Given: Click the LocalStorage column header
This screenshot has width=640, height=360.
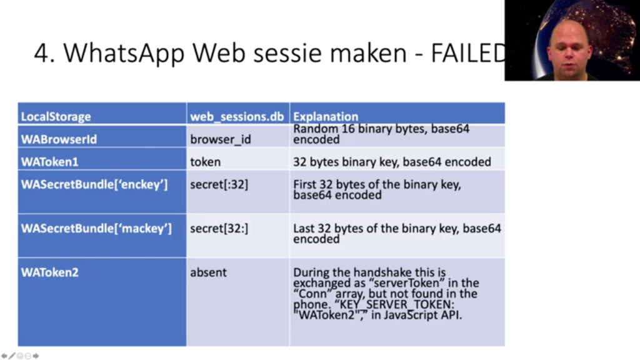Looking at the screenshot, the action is tap(56, 117).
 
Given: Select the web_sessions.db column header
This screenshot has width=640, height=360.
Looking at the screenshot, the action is tap(237, 117).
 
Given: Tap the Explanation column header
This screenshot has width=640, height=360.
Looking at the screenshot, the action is tap(325, 117).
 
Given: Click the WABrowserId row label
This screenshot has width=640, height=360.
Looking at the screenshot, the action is tap(59, 139).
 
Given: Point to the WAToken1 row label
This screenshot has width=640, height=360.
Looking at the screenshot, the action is tap(49, 162).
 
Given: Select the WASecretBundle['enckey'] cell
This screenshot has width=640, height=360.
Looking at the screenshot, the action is tap(94, 184).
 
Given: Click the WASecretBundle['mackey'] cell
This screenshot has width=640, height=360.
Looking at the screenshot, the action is tap(96, 228).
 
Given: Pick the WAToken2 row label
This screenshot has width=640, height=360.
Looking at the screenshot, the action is tap(49, 272).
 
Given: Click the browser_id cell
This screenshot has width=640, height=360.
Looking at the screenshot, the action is tap(221, 139).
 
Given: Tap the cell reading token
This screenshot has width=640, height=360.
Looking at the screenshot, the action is tap(205, 162).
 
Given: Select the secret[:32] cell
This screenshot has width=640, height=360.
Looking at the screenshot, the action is tap(219, 184).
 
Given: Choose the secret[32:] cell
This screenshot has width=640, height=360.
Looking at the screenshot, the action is tap(219, 228).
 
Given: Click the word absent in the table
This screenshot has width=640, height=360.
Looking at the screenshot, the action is tap(208, 272).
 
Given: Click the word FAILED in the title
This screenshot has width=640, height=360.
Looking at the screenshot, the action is tap(468, 53).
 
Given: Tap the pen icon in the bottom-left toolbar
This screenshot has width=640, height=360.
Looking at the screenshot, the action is tap(12, 356).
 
